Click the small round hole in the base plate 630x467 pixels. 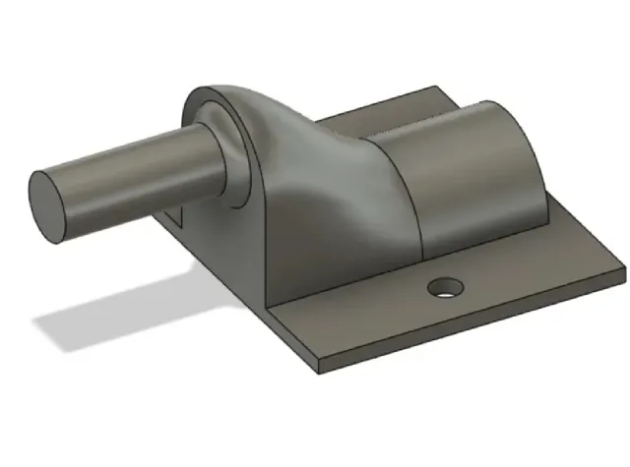[445, 287]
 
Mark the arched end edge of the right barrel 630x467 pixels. [536, 147]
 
